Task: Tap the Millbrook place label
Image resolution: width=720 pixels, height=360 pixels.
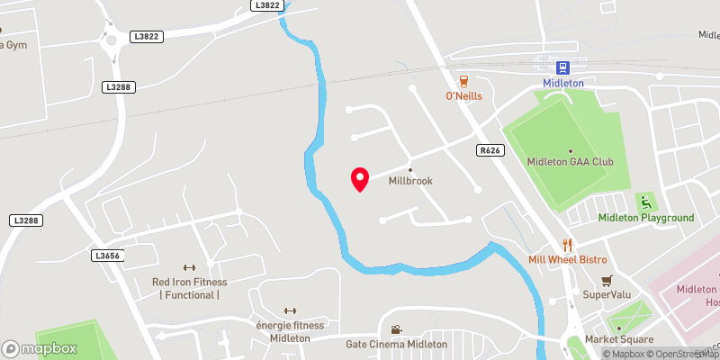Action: tap(410, 181)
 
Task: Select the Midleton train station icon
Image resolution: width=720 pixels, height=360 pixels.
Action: tap(563, 67)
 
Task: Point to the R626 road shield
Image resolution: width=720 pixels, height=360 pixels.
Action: tap(490, 151)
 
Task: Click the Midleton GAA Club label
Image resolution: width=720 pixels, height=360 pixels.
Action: tap(571, 162)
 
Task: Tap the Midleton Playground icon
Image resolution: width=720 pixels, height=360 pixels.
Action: tap(644, 202)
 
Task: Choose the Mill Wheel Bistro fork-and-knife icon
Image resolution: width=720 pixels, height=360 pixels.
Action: tap(567, 244)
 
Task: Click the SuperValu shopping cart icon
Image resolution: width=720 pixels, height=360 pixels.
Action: tap(607, 280)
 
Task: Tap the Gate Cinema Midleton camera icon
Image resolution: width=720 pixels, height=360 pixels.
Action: tap(396, 330)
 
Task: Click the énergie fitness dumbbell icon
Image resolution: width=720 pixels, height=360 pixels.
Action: tap(290, 311)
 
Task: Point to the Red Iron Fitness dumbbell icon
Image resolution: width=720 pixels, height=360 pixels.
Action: tap(189, 267)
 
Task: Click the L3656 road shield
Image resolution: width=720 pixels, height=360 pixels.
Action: tap(106, 256)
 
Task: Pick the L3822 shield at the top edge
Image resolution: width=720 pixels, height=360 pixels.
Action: tap(268, 5)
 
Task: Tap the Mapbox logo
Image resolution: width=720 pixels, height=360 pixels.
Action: tap(40, 348)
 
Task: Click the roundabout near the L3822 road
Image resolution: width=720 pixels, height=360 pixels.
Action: tap(112, 40)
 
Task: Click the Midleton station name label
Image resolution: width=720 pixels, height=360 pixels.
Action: tap(563, 84)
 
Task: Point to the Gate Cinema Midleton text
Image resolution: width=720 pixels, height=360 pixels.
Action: tap(396, 345)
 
